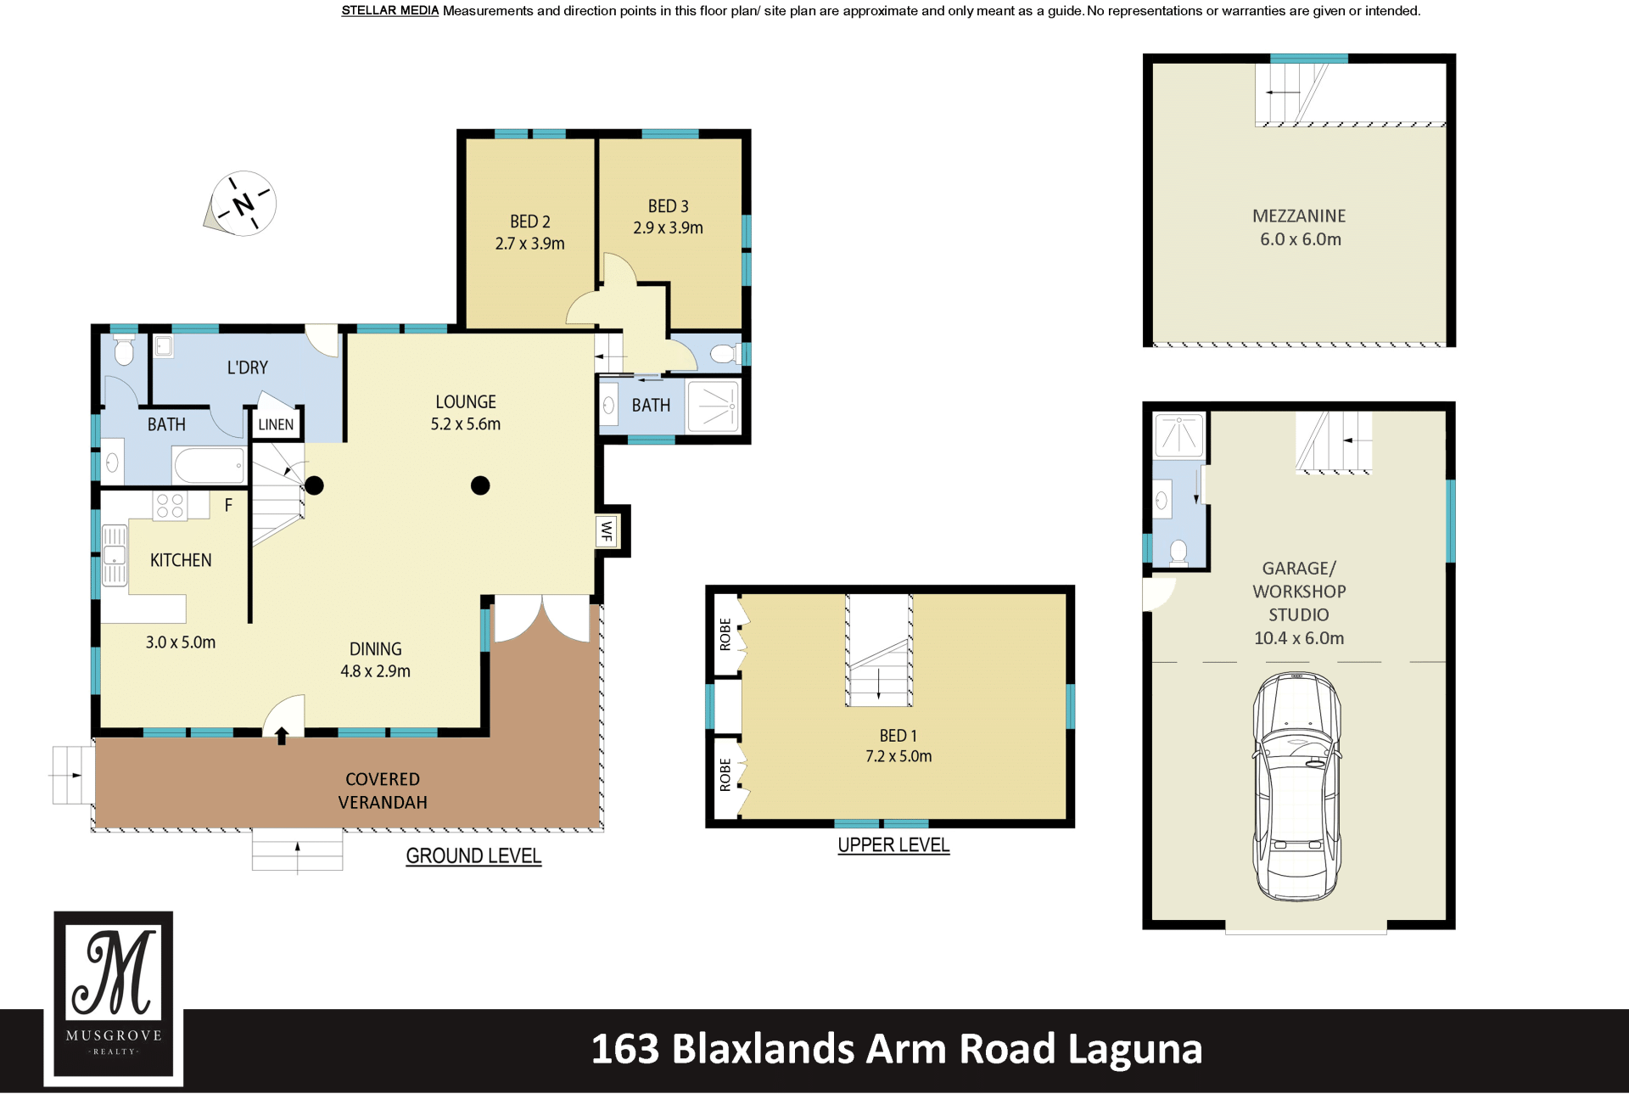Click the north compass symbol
242,204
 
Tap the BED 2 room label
530,222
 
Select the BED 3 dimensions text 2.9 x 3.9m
668,227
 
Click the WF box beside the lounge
607,531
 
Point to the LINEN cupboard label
276,424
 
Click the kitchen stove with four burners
170,506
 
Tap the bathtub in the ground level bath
210,465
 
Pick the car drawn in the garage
1297,786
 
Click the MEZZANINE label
1299,216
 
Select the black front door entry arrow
282,736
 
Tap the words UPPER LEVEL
893,845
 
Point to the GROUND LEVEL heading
473,856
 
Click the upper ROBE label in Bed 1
725,635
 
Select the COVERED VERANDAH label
383,791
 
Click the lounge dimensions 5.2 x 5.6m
466,424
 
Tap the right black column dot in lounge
480,485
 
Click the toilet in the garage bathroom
1178,552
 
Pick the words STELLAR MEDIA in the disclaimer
390,11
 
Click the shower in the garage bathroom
1179,435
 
